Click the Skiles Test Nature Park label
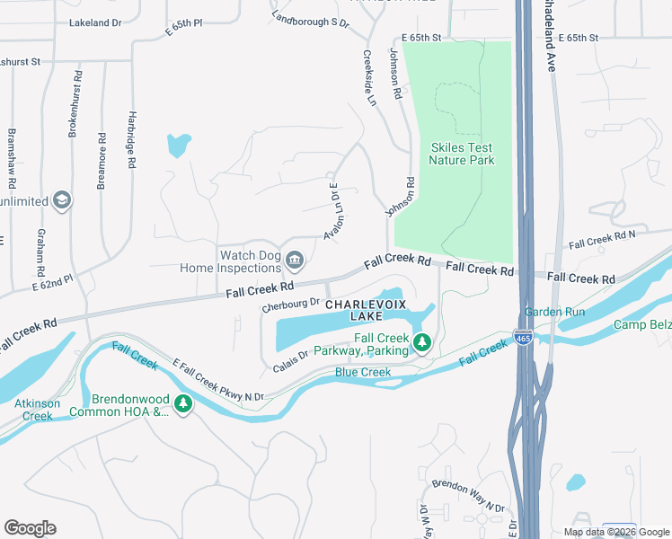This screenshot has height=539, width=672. pyautogui.click(x=462, y=154)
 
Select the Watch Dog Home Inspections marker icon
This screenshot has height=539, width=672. pyautogui.click(x=294, y=261)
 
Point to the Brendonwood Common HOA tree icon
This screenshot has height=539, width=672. pyautogui.click(x=183, y=404)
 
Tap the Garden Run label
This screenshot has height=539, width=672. pyautogui.click(x=554, y=313)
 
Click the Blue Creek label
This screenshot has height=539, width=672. pyautogui.click(x=363, y=372)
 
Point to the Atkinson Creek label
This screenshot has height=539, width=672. pyautogui.click(x=37, y=410)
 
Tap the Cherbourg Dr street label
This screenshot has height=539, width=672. pyautogui.click(x=290, y=306)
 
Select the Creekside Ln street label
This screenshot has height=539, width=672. pyautogui.click(x=368, y=77)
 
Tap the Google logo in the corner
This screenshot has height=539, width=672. pyautogui.click(x=31, y=527)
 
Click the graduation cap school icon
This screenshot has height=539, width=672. pyautogui.click(x=62, y=199)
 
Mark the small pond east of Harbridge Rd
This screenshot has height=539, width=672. pyautogui.click(x=178, y=144)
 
